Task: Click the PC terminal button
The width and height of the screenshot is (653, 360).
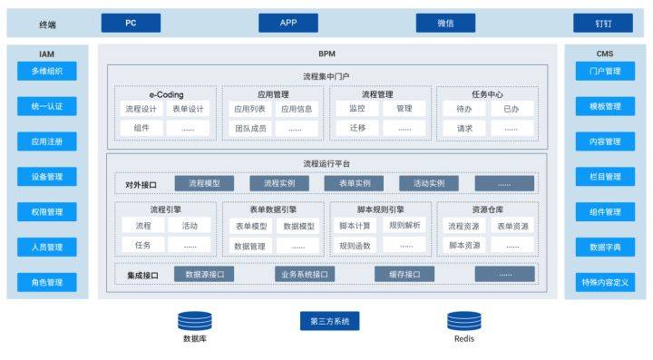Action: click(131, 23)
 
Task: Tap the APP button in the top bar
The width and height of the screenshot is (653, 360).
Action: click(288, 23)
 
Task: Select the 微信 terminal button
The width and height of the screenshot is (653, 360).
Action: click(445, 23)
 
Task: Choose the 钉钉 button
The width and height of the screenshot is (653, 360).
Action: click(602, 23)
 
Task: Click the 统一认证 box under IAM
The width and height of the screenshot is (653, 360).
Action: click(46, 106)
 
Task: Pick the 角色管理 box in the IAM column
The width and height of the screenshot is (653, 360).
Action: click(46, 282)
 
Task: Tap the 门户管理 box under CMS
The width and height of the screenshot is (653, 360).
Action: click(605, 71)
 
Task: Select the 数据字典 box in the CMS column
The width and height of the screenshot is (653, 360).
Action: click(605, 247)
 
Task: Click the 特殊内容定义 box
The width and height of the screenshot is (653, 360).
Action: click(605, 282)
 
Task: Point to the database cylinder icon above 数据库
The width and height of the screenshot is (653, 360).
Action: click(194, 320)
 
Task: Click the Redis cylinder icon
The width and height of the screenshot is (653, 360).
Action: click(463, 320)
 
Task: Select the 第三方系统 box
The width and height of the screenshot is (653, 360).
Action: click(329, 321)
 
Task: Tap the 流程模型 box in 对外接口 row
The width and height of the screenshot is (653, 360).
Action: click(204, 183)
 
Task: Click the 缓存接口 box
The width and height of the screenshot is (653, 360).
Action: click(404, 274)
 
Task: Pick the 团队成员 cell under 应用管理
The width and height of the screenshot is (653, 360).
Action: click(250, 128)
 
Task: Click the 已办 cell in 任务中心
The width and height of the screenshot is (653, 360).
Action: click(511, 108)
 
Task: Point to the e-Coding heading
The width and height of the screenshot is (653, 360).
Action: click(166, 93)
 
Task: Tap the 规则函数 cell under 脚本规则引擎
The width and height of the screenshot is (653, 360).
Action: click(356, 245)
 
